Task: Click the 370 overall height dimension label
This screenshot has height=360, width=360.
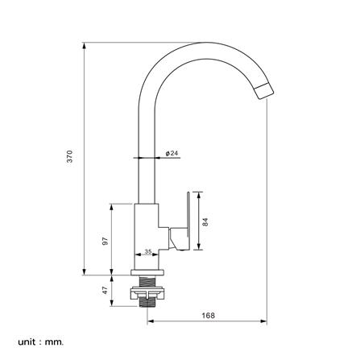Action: (x=69, y=156)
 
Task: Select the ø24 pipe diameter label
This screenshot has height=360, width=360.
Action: (x=172, y=153)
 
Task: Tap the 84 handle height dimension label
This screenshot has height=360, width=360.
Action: (x=205, y=222)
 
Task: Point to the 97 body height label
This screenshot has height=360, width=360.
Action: (x=106, y=241)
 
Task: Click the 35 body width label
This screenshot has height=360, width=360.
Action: (x=148, y=251)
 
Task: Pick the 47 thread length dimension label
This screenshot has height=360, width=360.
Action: (x=105, y=290)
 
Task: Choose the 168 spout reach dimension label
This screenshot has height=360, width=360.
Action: (x=209, y=316)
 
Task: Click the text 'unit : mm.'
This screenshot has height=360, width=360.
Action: (x=41, y=342)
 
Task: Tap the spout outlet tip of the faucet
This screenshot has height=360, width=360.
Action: (x=264, y=91)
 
